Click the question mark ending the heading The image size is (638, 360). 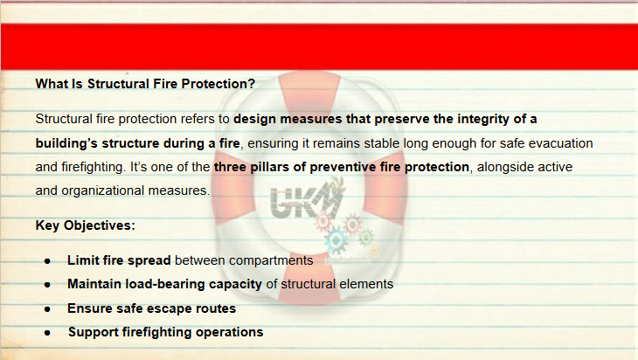coord(252,84)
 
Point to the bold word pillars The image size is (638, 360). coord(268,167)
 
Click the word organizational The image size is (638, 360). coord(103,190)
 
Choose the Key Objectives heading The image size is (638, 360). coord(85,225)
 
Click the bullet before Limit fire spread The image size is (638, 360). coord(47,261)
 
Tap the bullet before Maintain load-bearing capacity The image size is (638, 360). coord(47,285)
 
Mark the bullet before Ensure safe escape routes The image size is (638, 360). coord(47,309)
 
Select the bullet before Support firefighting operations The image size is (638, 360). coord(47,333)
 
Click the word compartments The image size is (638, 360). coord(271,260)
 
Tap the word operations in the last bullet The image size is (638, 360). coord(230,332)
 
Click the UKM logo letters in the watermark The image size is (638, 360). coord(304,200)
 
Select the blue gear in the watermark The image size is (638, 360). coord(336,240)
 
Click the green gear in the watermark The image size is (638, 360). coord(366,237)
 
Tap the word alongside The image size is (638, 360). coord(502,167)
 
